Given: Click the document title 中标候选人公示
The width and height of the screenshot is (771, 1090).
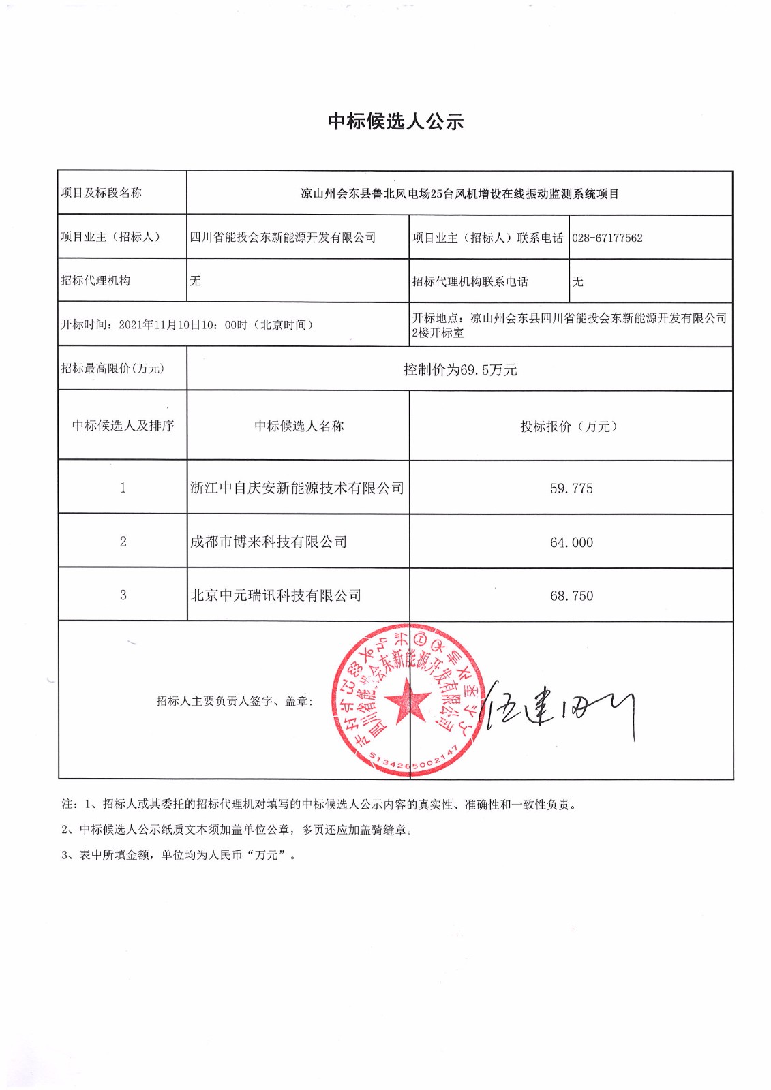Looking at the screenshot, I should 395,122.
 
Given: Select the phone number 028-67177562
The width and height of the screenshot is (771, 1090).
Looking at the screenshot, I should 607,238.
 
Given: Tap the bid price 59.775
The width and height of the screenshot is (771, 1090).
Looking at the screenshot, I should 571,488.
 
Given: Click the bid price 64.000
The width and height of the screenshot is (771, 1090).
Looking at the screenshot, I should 571,542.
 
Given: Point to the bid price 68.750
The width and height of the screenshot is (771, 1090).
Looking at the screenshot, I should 571,596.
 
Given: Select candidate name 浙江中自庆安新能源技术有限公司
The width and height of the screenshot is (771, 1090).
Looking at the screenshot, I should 297,488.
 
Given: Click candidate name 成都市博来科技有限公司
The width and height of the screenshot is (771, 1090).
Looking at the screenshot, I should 269,542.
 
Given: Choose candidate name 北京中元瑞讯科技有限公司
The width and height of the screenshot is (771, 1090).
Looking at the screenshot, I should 275,595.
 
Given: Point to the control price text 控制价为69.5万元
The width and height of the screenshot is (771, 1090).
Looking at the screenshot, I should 460,370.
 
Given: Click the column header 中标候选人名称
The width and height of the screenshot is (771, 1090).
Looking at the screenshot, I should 299,426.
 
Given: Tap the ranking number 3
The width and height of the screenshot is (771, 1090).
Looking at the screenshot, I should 123,595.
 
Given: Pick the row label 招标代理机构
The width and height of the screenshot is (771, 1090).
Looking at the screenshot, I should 95,281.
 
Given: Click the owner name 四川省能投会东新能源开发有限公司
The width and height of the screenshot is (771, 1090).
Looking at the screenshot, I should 283,238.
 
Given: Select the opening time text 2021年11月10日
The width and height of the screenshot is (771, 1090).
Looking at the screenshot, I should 170,325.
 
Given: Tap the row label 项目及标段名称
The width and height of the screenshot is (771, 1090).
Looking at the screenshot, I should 101,193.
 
